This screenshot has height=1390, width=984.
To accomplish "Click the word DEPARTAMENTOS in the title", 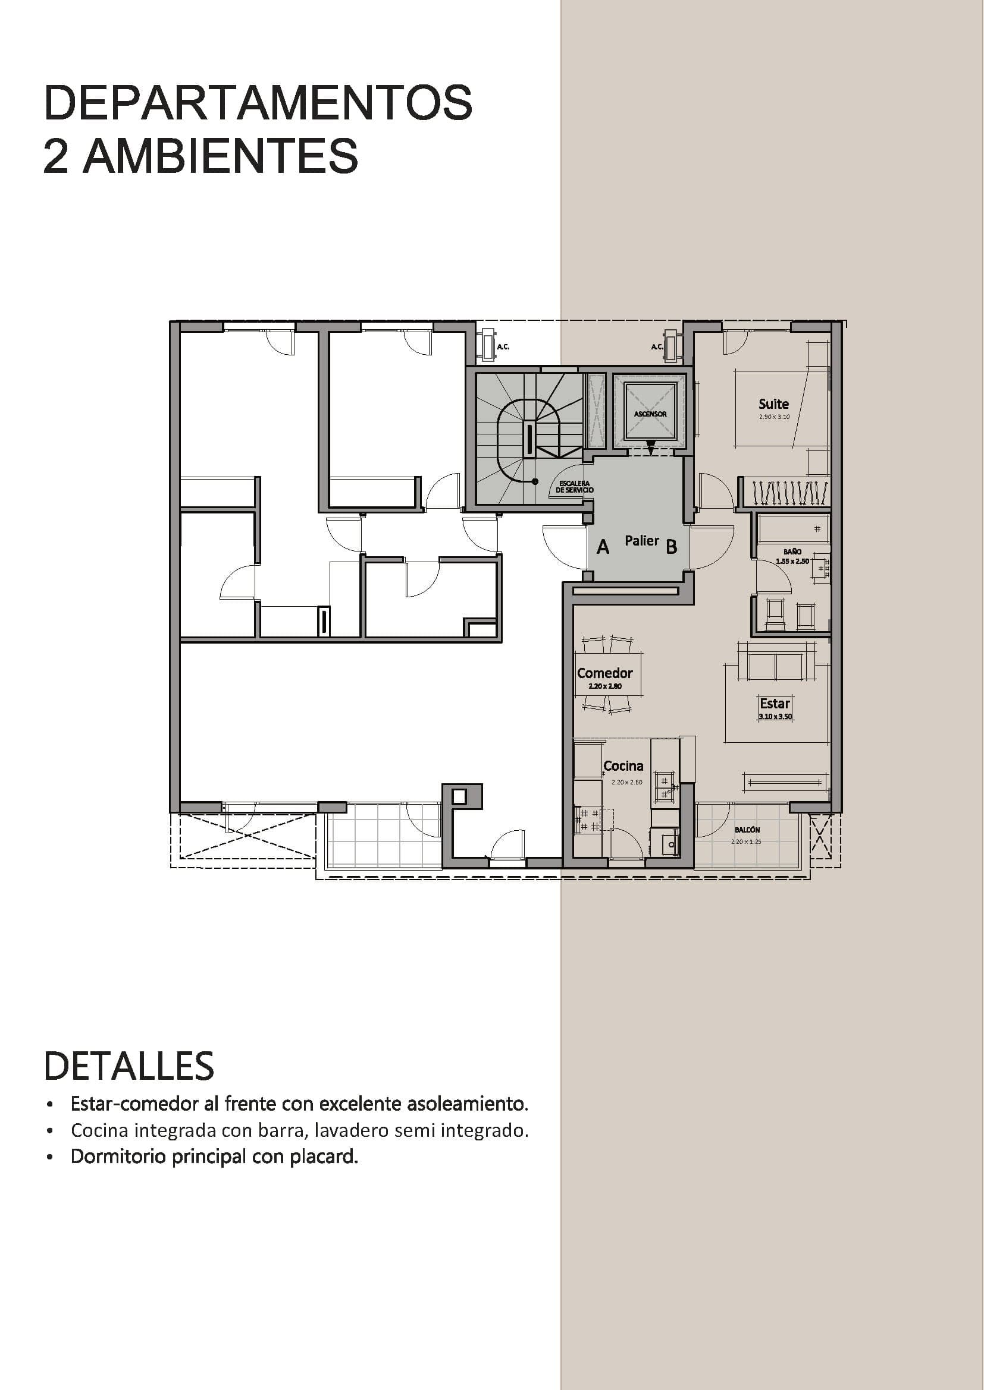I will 258,103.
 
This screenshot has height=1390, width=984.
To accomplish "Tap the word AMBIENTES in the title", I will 220,156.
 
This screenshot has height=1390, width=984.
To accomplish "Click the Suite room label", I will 774,404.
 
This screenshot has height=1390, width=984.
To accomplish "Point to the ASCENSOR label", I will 650,414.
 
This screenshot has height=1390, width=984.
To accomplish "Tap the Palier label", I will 642,541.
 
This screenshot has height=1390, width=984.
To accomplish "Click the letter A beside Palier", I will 602,547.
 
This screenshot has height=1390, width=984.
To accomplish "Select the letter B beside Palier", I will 671,547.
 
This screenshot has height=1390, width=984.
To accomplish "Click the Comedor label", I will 604,673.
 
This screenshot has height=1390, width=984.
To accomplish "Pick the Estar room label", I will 775,704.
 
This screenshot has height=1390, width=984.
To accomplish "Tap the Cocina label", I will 623,766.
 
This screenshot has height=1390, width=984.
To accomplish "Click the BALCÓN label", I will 747,830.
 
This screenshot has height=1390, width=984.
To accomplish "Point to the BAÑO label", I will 792,552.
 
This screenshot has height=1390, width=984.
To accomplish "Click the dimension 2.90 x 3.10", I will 774,417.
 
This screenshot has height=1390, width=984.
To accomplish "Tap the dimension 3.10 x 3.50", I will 775,717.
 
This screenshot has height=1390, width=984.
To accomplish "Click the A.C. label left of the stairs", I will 503,347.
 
